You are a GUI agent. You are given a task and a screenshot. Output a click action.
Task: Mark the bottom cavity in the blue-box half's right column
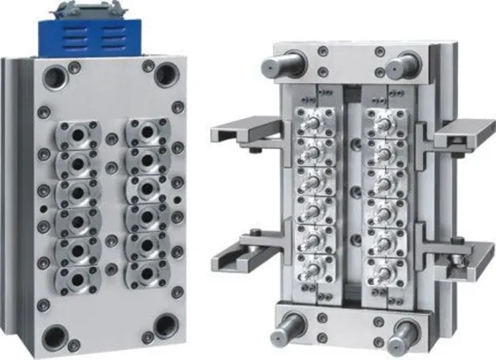(x=144, y=272)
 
